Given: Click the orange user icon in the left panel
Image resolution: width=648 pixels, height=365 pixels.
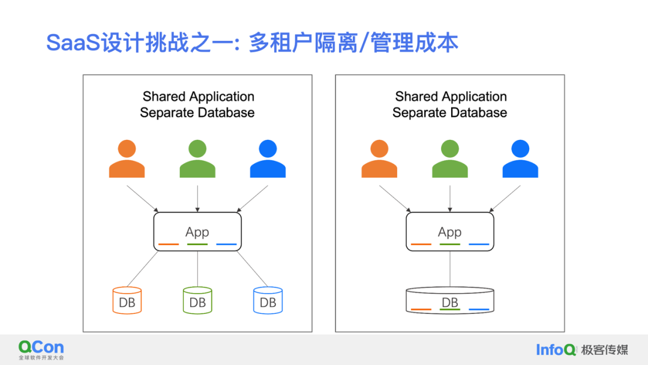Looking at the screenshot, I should (x=127, y=160).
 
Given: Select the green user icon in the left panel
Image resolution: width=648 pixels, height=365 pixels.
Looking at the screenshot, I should (x=197, y=160).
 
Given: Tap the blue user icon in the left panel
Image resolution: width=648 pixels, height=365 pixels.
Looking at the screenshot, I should (x=268, y=160).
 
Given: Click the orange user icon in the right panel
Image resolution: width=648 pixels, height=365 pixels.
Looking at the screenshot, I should (x=379, y=160).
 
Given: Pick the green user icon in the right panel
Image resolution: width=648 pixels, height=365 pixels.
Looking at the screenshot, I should (x=450, y=160).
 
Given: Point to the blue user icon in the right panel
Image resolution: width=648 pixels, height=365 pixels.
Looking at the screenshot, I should (x=520, y=160).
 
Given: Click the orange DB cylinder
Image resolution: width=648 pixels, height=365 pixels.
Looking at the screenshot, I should (x=127, y=300).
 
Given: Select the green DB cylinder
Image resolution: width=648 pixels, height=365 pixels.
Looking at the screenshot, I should (x=197, y=300).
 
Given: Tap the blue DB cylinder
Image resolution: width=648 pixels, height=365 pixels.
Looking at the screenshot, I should (x=268, y=300).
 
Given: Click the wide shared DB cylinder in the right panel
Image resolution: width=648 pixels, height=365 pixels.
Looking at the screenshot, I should (x=450, y=301).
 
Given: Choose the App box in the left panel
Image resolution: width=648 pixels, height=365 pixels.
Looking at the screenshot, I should (x=197, y=232).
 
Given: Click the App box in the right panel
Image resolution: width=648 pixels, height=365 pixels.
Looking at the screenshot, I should (x=450, y=232).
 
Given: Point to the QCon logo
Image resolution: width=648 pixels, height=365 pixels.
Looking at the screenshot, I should (x=41, y=349).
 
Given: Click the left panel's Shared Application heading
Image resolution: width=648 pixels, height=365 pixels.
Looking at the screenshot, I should (x=198, y=97).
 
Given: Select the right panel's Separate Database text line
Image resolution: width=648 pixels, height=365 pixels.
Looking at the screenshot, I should (x=450, y=113).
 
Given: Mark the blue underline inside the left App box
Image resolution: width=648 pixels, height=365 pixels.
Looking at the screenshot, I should (x=226, y=244).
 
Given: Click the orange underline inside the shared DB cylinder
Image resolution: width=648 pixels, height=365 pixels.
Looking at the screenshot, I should (x=421, y=310).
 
